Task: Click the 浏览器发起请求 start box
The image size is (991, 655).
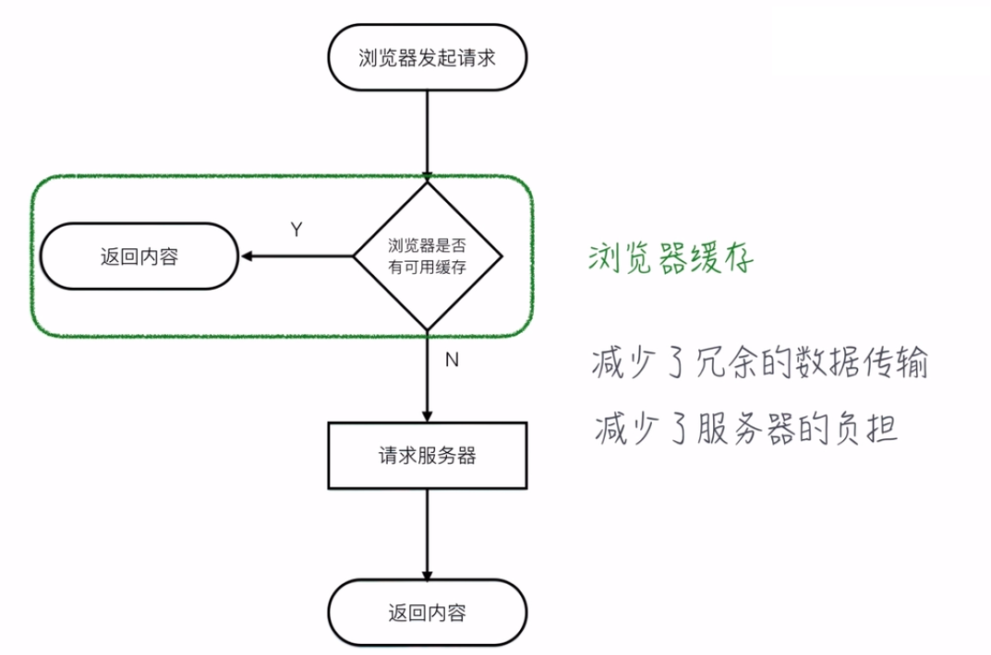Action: [427, 57]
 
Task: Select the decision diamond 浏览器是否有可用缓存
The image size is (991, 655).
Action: [427, 256]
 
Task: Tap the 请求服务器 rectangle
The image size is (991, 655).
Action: [427, 456]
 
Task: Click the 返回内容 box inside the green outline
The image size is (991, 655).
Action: [139, 256]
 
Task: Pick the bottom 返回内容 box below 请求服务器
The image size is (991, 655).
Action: [427, 613]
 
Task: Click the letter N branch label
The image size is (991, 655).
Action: [452, 361]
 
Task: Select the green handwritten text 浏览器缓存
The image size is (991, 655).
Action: [671, 258]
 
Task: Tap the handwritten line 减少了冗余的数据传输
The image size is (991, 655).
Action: [759, 363]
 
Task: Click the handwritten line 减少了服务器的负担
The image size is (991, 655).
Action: [746, 428]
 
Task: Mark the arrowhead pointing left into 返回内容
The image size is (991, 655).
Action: [246, 256]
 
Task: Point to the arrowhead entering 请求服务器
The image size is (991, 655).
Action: [427, 416]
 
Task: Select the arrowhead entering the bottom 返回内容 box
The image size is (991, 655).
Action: [427, 573]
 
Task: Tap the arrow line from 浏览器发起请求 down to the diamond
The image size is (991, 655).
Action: [427, 129]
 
